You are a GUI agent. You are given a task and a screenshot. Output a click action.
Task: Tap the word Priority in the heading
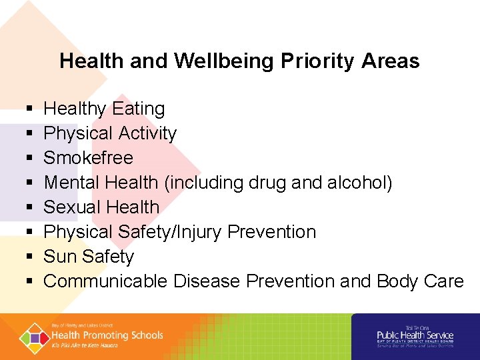tap(319, 61)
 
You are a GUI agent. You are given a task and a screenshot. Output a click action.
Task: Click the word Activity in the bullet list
tap(147, 133)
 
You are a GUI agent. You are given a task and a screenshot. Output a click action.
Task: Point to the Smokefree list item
tap(88, 158)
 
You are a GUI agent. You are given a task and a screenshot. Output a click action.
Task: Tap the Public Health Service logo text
tap(415, 335)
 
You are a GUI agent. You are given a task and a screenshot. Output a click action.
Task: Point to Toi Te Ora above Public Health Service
tap(415, 328)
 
